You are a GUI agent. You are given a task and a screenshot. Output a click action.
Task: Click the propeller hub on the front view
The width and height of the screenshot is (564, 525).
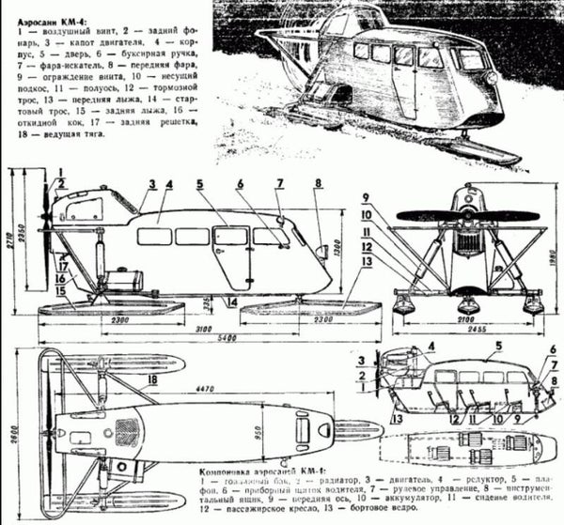[467, 214]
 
